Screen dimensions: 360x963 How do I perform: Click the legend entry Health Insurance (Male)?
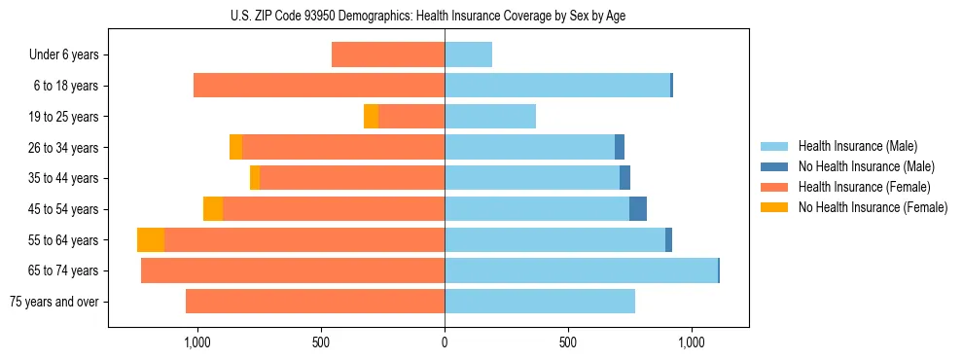856,146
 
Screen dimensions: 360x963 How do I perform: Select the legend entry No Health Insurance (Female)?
873,207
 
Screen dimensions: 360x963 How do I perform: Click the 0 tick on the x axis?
445,342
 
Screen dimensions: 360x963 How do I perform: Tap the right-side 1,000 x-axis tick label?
692,342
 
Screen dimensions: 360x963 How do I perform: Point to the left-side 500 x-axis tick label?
321,342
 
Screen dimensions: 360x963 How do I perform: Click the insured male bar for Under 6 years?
468,55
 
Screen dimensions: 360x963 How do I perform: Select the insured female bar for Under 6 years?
388,55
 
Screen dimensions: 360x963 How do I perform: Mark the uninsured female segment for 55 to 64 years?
151,240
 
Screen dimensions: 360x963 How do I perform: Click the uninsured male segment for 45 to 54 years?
638,209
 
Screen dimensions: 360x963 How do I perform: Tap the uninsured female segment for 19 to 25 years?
371,117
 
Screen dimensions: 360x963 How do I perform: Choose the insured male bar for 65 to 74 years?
581,270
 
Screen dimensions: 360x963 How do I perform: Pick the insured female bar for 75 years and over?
315,302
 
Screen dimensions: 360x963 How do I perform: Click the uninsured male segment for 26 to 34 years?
620,148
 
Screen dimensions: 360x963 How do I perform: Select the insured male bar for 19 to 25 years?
490,117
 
